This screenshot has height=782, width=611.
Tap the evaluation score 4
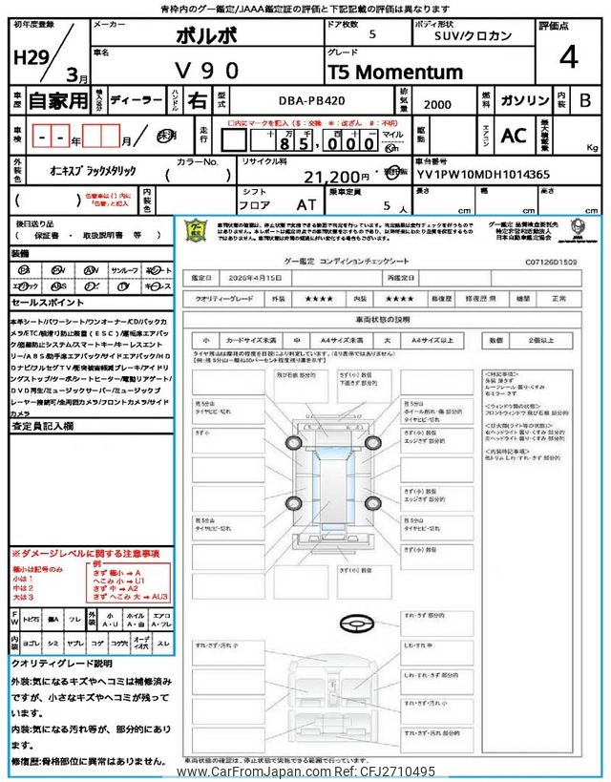coord(569,58)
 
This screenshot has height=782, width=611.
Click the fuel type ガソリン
coord(523,100)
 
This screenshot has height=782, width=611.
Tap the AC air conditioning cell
coord(514,137)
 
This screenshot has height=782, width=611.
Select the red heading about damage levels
coord(85,554)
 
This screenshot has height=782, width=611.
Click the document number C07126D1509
coord(552,260)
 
